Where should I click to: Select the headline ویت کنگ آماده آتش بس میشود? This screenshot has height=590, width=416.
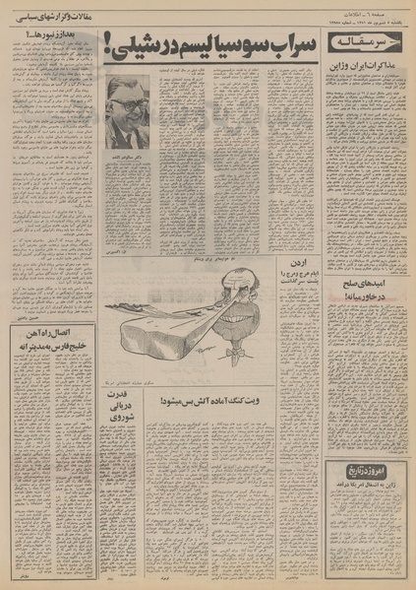pos(231,402)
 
